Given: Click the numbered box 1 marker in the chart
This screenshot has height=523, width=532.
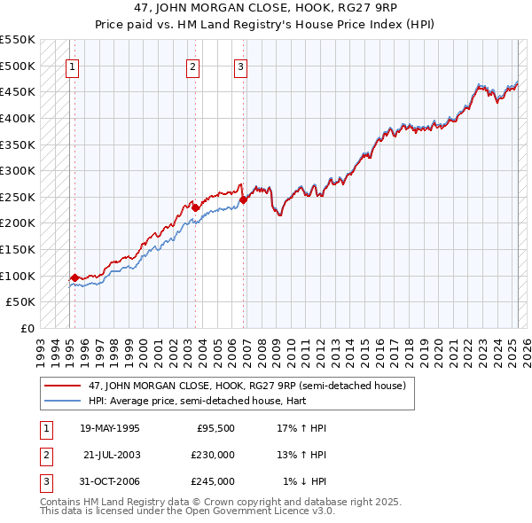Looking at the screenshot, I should [72, 65].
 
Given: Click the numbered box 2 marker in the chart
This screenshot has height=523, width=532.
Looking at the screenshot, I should [193, 65].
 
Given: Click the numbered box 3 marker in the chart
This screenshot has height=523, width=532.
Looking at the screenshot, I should [241, 65].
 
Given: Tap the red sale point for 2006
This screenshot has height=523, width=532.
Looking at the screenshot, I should [243, 199].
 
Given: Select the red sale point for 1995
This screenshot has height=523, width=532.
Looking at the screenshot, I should [74, 277].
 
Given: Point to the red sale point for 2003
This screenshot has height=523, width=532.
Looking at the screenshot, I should [195, 207].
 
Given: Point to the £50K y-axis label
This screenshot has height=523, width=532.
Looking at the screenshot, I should [20, 302].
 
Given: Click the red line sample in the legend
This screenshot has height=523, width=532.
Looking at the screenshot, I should [63, 386].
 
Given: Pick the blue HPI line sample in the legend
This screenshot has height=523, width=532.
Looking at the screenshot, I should [63, 400].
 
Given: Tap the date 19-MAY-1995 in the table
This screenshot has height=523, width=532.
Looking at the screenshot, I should [110, 428].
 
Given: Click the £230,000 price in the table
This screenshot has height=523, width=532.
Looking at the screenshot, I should [214, 455].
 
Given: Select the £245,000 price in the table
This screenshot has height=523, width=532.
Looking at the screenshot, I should [214, 481].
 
